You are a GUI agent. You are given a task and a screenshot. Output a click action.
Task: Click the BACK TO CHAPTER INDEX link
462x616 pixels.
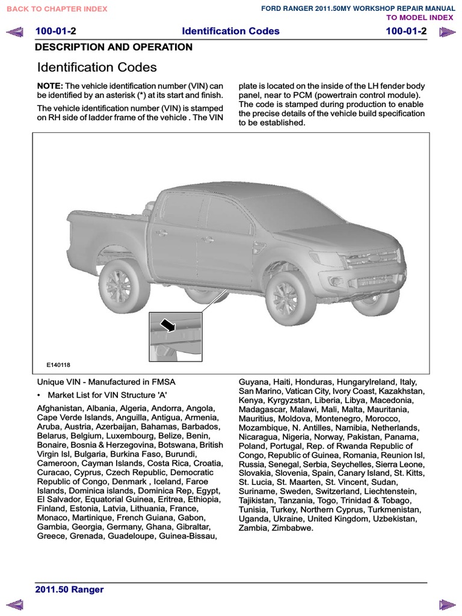tap(57, 8)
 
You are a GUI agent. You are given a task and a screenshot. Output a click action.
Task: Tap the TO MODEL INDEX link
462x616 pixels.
tap(420, 17)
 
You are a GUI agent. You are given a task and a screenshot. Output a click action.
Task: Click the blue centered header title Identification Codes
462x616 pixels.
tap(230, 31)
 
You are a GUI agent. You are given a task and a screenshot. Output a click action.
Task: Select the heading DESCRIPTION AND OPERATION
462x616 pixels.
tap(114, 47)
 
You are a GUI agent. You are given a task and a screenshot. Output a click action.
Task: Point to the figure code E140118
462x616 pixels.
tap(58, 365)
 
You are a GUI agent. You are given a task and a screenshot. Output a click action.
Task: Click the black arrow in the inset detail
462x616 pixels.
tap(167, 325)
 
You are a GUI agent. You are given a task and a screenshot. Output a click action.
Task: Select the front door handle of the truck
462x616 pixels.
tap(208, 240)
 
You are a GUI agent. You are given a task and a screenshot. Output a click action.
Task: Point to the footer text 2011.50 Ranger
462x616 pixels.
tap(70, 590)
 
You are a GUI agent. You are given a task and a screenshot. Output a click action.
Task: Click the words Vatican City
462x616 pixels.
tap(297, 391)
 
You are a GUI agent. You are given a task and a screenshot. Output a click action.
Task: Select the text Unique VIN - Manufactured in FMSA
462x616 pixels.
tap(106, 382)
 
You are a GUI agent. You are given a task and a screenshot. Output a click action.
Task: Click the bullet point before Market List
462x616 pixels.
tap(39, 395)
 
